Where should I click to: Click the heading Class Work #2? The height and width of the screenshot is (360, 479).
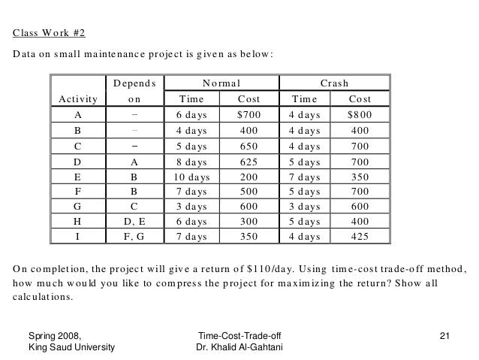point(49,33)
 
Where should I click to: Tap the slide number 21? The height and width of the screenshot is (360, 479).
point(444,334)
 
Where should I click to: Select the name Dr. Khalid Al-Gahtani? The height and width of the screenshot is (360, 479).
point(238,348)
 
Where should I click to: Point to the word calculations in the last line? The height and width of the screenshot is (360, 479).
point(42,296)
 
